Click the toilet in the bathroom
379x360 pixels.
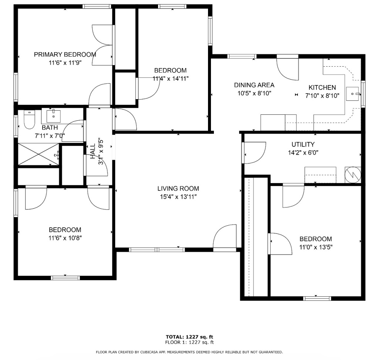click(x=29, y=120)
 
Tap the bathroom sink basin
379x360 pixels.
click(x=53, y=116)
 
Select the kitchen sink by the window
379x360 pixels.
click(x=352, y=94)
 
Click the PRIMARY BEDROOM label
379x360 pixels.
click(x=65, y=54)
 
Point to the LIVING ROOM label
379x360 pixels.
click(x=178, y=188)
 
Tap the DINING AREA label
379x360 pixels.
click(x=254, y=85)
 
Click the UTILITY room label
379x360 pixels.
click(x=303, y=145)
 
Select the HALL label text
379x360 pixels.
click(x=93, y=151)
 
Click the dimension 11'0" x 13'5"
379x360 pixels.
click(x=316, y=247)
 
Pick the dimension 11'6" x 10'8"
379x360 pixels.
click(x=65, y=238)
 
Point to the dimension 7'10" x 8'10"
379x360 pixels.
click(x=322, y=96)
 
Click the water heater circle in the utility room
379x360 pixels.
click(x=353, y=175)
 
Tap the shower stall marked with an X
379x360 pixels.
click(x=38, y=154)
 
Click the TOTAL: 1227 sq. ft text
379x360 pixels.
click(x=189, y=337)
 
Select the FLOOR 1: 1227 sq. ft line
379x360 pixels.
click(x=189, y=342)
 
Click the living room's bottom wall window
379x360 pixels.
click(x=157, y=250)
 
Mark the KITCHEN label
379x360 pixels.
click(x=322, y=87)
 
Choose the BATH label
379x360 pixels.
click(x=50, y=128)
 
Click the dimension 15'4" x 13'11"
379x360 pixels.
click(x=178, y=197)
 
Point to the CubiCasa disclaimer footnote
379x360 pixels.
click(x=189, y=352)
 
